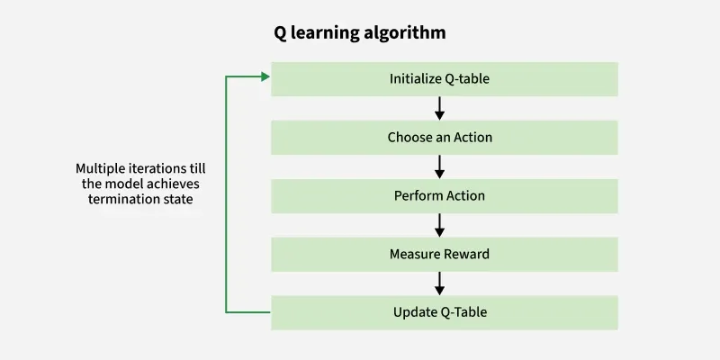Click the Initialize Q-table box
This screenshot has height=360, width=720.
click(x=444, y=78)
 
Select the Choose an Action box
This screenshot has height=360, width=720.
click(x=444, y=138)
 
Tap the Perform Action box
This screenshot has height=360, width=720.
click(x=444, y=196)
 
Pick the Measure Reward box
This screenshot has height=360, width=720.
click(x=444, y=254)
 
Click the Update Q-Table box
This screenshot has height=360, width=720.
click(x=444, y=312)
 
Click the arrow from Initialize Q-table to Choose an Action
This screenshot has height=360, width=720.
click(x=440, y=108)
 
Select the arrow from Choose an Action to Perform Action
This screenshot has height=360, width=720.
click(x=440, y=166)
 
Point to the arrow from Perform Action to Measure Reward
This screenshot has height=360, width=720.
click(x=440, y=225)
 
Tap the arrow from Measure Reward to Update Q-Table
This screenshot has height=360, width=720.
click(x=440, y=283)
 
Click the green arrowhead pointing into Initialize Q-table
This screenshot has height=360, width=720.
click(x=265, y=76)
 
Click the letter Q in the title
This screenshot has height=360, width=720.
click(x=281, y=33)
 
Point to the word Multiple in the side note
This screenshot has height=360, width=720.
click(x=101, y=168)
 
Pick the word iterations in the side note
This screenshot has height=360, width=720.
click(x=160, y=168)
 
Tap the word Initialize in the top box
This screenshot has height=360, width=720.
click(x=415, y=78)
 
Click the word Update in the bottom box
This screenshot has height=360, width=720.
click(x=413, y=312)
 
